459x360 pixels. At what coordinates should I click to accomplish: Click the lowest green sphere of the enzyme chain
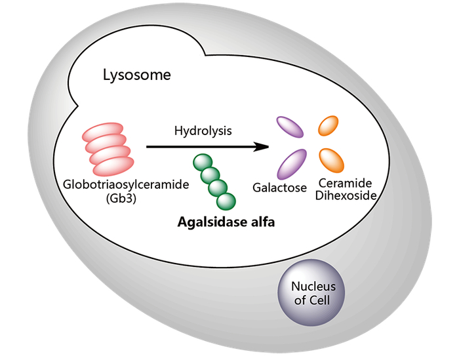pyautogui.click(x=227, y=201)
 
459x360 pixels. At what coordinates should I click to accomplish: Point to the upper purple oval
pyautogui.click(x=289, y=127)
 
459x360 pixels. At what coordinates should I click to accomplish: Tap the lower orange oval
pyautogui.click(x=332, y=159)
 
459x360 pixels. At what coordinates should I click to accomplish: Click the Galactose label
pyautogui.click(x=280, y=188)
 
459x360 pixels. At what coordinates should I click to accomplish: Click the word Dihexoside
pyautogui.click(x=344, y=195)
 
